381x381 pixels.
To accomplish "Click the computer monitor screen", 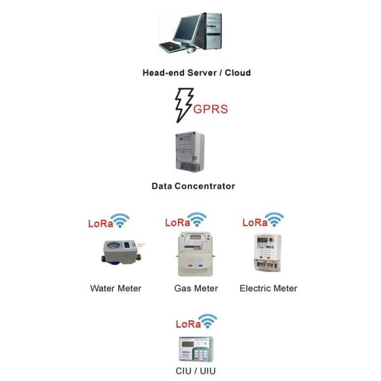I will pos(185,28).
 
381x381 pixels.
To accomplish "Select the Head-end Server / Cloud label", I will pos(196,72).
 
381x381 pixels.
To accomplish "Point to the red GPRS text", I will pos(210,109).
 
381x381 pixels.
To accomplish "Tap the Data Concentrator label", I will pos(193,186).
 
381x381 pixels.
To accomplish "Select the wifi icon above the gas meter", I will pos(199,220).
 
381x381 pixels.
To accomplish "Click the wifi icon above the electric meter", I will pos(275,220).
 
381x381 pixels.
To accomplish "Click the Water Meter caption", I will pos(116,288).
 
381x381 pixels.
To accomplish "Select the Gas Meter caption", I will pos(196,288).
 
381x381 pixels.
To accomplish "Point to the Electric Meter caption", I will pos(268,288).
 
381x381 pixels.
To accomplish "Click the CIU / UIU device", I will pos(195,349).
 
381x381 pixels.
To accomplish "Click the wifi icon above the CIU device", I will pos(207,320).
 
